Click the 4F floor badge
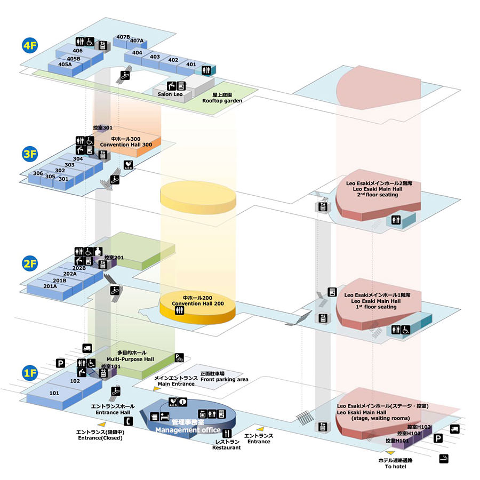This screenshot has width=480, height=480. [30, 45]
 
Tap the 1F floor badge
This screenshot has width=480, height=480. [30, 373]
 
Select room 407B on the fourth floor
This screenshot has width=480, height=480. [123, 37]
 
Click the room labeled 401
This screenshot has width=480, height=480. [191, 65]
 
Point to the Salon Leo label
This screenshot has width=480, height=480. [170, 94]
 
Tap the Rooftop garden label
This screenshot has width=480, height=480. [222, 101]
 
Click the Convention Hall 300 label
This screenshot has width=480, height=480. [126, 145]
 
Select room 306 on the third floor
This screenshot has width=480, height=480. [38, 173]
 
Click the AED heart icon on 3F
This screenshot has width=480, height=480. [128, 165]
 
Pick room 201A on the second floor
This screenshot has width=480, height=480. [50, 286]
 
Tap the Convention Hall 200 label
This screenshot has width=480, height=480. [198, 303]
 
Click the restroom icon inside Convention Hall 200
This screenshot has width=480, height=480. [179, 310]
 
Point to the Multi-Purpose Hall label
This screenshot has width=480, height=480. [130, 359]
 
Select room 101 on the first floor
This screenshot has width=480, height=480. [54, 393]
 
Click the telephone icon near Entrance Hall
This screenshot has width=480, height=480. [129, 421]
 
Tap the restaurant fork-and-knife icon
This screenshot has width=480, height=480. [227, 434]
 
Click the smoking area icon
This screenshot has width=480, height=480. [444, 459]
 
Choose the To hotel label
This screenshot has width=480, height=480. [396, 467]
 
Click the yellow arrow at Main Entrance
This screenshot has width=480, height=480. [157, 389]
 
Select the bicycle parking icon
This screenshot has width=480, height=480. [179, 357]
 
